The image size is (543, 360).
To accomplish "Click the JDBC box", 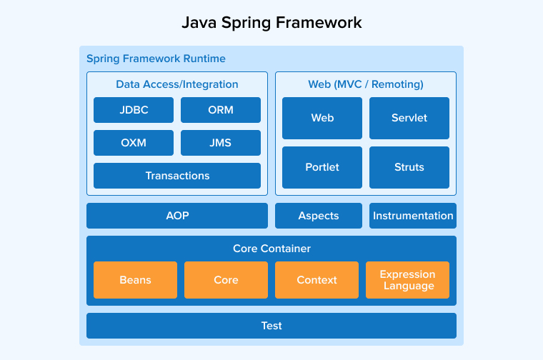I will (x=134, y=110).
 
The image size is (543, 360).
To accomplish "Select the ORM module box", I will (x=221, y=110).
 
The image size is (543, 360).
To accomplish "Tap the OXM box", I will (x=134, y=143).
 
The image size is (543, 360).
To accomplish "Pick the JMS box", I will (x=221, y=143).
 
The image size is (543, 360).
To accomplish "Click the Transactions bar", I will (x=177, y=176).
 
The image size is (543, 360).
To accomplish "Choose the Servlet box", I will (x=409, y=118).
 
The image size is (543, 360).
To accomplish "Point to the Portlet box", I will (x=322, y=167).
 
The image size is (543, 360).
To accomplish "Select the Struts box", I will (x=409, y=167).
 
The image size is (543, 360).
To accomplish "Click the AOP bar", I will (x=177, y=216).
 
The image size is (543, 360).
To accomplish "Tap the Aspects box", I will (x=319, y=216).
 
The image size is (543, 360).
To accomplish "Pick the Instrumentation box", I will (x=413, y=216).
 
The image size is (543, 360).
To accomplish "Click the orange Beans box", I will (x=136, y=280).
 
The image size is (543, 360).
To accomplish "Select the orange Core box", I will (x=226, y=280).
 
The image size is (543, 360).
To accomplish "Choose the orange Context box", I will (x=317, y=280).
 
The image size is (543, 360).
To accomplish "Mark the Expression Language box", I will (x=407, y=280).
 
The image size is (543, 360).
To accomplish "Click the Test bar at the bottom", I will (x=271, y=326).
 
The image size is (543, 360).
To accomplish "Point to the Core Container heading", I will (x=271, y=249).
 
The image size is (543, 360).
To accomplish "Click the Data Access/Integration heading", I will (x=177, y=84).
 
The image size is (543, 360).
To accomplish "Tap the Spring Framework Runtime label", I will (x=156, y=59).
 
